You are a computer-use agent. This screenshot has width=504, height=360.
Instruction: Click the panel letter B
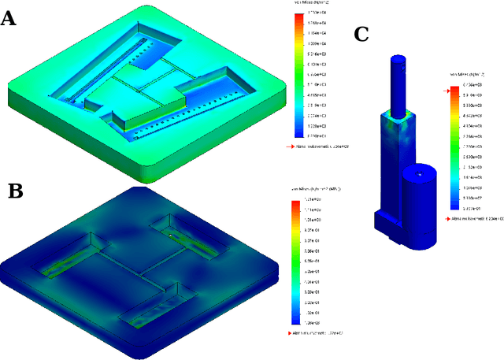click(x=16, y=191)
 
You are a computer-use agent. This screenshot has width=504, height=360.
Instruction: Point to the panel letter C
click(x=361, y=34)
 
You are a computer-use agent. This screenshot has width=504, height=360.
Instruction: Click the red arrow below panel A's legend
click(x=289, y=147)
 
